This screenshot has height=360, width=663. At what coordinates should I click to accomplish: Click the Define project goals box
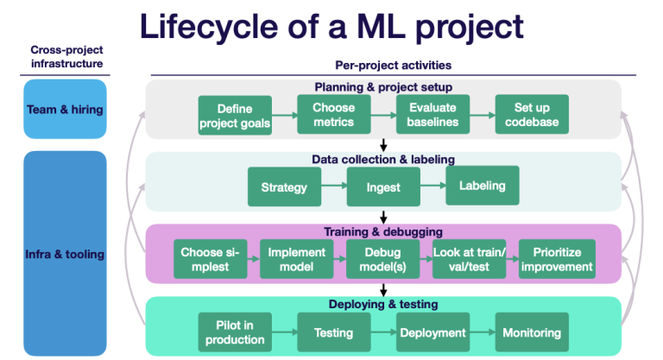point(234,116)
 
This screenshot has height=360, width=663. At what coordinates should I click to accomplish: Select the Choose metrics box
point(333,114)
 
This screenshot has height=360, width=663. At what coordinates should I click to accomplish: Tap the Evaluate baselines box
point(432,114)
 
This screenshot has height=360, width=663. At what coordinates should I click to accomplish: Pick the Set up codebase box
point(531,114)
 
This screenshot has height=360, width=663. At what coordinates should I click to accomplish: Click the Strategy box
point(284,187)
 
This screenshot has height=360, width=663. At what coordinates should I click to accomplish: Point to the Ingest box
point(382,187)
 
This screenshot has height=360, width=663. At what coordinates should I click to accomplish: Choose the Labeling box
point(482,186)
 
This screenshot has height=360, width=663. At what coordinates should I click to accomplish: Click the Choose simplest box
point(210,259)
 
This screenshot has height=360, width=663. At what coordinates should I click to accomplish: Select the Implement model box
point(296,259)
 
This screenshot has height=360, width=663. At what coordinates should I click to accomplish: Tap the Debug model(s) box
point(382,259)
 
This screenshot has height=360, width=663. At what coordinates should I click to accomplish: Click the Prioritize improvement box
point(557,259)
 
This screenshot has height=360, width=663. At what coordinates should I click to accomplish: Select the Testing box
point(333,332)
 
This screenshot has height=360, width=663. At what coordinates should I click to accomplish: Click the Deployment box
point(432,332)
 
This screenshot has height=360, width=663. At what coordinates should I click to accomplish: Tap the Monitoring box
point(531,332)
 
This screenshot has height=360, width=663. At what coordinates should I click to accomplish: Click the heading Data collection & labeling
point(382,159)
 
